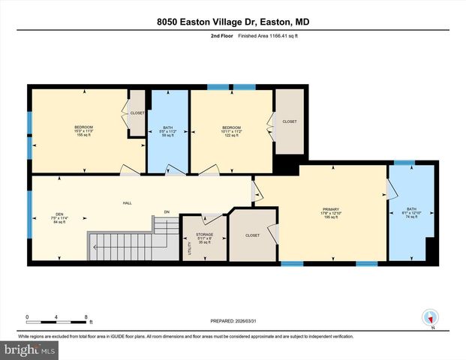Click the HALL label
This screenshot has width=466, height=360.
click(128, 202)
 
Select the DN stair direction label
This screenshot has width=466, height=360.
click(157, 212)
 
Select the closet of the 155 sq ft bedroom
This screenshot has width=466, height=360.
click(137, 113)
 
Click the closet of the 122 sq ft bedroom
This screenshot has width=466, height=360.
click(289, 122)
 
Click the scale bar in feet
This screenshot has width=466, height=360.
click(58, 318)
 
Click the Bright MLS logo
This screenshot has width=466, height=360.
click(29, 349)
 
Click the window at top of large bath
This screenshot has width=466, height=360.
click(404, 162)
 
